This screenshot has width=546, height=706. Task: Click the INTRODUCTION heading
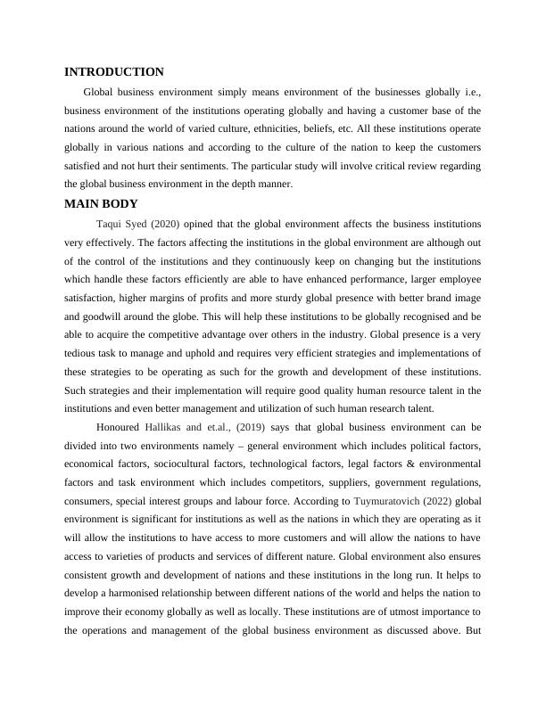(x=114, y=72)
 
